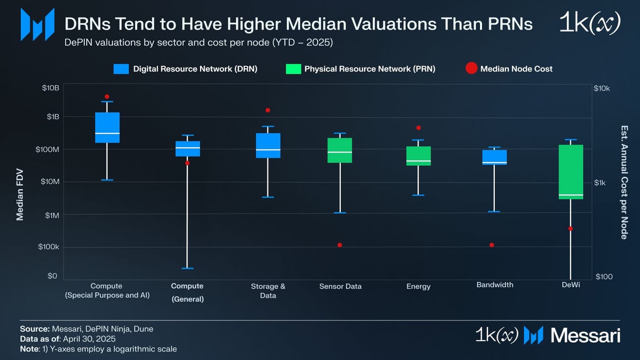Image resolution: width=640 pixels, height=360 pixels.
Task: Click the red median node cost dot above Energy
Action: (x=419, y=128)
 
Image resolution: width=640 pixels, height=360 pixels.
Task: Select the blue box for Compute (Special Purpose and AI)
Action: (x=107, y=127)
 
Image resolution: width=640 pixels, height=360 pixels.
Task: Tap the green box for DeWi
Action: (x=571, y=171)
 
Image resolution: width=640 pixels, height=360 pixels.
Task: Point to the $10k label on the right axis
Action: (x=602, y=88)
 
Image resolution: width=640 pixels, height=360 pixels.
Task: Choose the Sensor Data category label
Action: (x=340, y=286)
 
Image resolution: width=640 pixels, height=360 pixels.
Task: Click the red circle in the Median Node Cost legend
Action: (x=471, y=69)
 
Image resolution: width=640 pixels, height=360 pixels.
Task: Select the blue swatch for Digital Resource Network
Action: (x=121, y=69)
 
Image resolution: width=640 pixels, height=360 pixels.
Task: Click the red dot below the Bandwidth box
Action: (x=492, y=245)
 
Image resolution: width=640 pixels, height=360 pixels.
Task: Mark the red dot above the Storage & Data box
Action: (x=268, y=110)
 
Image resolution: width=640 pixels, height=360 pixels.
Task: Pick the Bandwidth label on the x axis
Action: (x=494, y=285)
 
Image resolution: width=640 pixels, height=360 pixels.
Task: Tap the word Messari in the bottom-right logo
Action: (x=585, y=336)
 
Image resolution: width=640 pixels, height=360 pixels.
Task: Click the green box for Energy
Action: (x=419, y=156)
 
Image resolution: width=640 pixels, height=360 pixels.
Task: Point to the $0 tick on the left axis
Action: (x=53, y=276)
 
